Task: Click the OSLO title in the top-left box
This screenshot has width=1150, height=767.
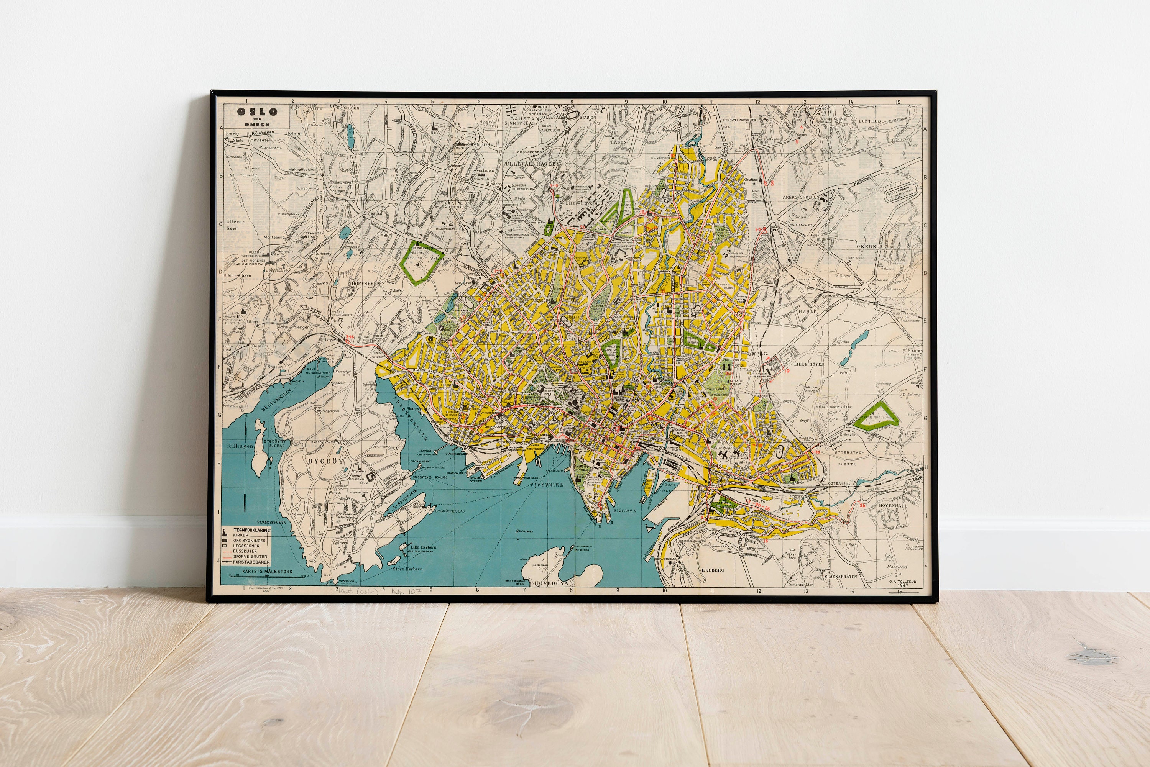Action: (x=257, y=111)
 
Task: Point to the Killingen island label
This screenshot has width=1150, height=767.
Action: (x=240, y=446)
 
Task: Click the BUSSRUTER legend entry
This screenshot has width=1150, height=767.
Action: (x=245, y=551)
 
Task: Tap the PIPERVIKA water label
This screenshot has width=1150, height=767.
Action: (x=546, y=484)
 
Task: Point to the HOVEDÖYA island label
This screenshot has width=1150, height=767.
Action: (x=552, y=583)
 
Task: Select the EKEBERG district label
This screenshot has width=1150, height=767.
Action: (x=713, y=570)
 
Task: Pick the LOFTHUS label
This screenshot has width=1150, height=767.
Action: (x=869, y=120)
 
